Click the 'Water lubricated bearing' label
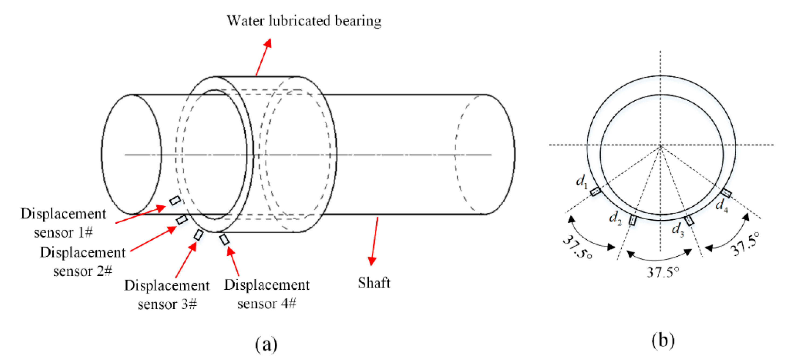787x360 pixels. pyautogui.click(x=304, y=21)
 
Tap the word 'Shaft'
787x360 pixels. pyautogui.click(x=374, y=283)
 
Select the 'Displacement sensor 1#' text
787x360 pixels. pyautogui.click(x=63, y=223)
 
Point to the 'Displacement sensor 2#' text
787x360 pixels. pyautogui.click(x=83, y=262)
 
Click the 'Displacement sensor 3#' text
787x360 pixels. pyautogui.click(x=167, y=295)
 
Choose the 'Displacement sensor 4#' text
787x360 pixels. pyautogui.click(x=267, y=294)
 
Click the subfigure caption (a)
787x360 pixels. pyautogui.click(x=266, y=344)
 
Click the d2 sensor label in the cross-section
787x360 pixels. pyautogui.click(x=615, y=218)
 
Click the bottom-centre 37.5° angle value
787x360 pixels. pyautogui.click(x=663, y=271)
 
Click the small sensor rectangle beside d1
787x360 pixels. pyautogui.click(x=595, y=192)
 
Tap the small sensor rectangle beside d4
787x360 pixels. pyautogui.click(x=726, y=193)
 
